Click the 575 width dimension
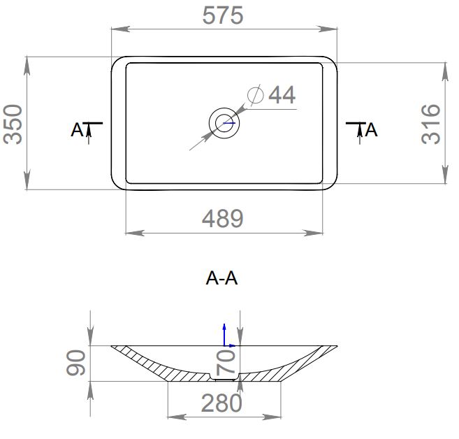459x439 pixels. (223, 15)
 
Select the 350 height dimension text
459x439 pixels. (13, 124)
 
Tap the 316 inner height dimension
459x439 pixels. (431, 124)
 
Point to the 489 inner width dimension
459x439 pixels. (222, 219)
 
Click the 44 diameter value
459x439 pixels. (282, 94)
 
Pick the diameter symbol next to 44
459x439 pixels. (255, 95)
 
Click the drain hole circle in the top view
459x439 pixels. (224, 123)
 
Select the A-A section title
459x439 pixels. (221, 278)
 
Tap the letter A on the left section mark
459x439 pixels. (78, 130)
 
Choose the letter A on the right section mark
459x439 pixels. (371, 130)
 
